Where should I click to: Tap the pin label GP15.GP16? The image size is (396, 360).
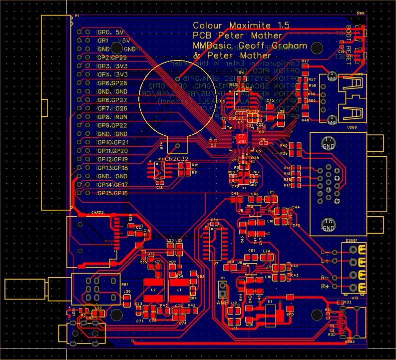click(113, 193)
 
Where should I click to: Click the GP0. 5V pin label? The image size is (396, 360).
click(110, 32)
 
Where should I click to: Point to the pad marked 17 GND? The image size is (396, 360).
click(328, 143)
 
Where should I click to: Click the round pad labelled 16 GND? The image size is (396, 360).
click(328, 225)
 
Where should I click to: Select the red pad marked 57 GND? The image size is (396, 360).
click(241, 139)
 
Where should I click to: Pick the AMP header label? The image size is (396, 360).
click(222, 303)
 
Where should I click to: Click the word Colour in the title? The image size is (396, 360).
click(209, 26)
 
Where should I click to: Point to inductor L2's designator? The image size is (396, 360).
click(153, 290)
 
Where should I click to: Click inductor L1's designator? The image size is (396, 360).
click(179, 290)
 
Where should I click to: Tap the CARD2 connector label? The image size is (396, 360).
click(97, 212)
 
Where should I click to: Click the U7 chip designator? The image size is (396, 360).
click(215, 263)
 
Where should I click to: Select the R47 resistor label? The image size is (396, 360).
click(305, 61)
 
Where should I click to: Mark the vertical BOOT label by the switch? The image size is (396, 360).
click(349, 33)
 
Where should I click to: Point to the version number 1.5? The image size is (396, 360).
click(281, 26)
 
